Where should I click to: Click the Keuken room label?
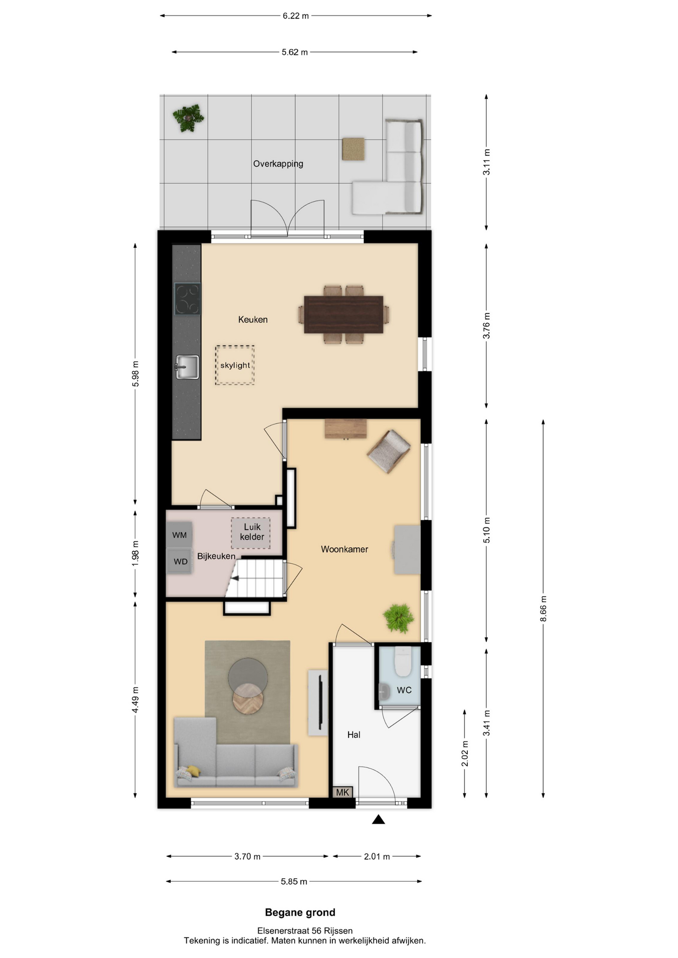[253, 320]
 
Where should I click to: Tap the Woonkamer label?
[344, 549]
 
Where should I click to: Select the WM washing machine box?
[179, 535]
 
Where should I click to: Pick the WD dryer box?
[180, 561]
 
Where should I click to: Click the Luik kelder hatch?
[251, 533]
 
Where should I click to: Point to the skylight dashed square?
[235, 365]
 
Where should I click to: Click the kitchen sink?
[187, 367]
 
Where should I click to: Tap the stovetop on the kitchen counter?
[187, 299]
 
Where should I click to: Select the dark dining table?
[343, 314]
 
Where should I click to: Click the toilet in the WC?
[403, 661]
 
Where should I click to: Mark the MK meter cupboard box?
[342, 792]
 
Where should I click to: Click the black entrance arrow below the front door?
[378, 819]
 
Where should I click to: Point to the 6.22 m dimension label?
[296, 16]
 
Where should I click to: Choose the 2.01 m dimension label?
[377, 856]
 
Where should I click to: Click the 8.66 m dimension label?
[543, 609]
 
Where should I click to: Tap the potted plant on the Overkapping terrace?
[188, 118]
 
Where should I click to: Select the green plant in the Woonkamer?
[399, 619]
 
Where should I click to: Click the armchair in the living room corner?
[388, 451]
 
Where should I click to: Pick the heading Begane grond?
[300, 913]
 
